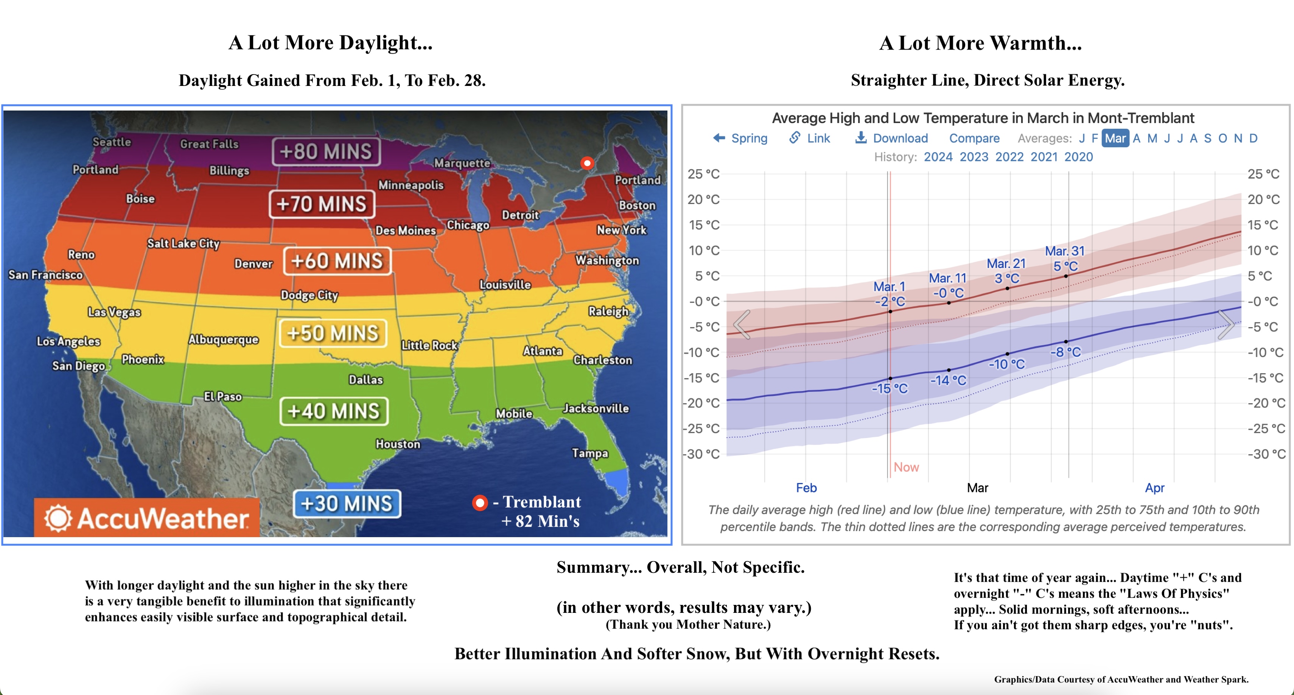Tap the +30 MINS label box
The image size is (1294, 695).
click(x=347, y=503)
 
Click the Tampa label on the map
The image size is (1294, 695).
click(x=590, y=453)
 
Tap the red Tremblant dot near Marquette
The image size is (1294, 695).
click(x=587, y=163)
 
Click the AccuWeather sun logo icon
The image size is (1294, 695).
click(x=58, y=518)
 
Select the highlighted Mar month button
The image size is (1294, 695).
click(x=1115, y=138)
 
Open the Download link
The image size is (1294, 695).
click(x=892, y=138)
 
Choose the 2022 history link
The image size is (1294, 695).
click(x=1009, y=157)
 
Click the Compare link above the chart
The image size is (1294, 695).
click(x=974, y=138)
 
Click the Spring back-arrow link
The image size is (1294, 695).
click(x=740, y=138)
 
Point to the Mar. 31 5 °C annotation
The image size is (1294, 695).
click(x=1065, y=258)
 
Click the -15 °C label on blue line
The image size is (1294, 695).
click(x=889, y=388)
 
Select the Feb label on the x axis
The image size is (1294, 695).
click(x=806, y=488)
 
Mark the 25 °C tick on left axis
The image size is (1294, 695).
click(x=703, y=174)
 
